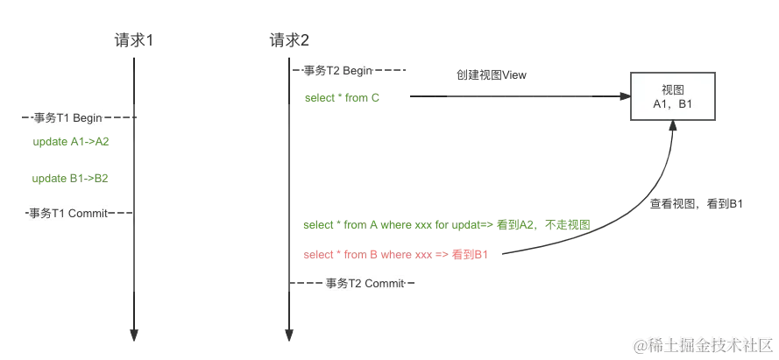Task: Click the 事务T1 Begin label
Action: tap(67, 117)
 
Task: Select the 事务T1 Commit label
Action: tap(69, 213)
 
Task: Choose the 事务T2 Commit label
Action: tap(365, 283)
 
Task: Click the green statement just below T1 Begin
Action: tap(70, 141)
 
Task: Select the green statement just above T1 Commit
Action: tap(69, 179)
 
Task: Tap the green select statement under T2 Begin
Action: tap(343, 97)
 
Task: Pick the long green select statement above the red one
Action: tap(447, 225)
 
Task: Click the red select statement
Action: tap(393, 255)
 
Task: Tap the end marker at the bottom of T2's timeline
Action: tap(282, 335)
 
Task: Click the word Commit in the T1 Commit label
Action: tap(89, 213)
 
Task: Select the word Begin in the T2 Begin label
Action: tap(359, 70)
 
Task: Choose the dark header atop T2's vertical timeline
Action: tap(289, 38)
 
